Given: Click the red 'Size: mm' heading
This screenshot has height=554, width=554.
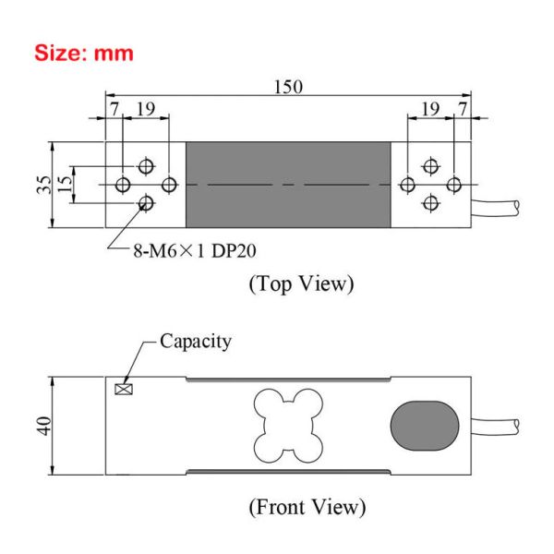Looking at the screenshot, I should (x=84, y=53).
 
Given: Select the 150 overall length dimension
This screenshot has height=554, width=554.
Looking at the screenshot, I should (x=288, y=87).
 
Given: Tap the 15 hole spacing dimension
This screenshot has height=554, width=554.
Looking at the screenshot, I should (x=63, y=185).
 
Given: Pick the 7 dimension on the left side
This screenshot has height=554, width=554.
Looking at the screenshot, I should (x=114, y=109).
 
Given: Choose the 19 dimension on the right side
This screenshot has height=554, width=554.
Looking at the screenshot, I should (x=429, y=109).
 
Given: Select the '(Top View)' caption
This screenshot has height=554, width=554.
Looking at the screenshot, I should (x=301, y=283).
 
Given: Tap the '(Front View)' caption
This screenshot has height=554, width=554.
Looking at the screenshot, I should (x=307, y=507).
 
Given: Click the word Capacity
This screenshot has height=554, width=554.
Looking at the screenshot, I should (x=196, y=341).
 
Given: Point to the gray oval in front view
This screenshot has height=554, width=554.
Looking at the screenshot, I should (x=425, y=426).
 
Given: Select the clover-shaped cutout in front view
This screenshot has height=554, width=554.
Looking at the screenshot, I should (x=288, y=425).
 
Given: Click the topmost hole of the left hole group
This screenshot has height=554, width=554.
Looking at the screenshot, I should (x=145, y=166).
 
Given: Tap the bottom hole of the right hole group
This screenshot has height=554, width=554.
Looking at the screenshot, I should (x=429, y=203).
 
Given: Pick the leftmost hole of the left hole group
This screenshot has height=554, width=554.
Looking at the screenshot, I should (x=124, y=185).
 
